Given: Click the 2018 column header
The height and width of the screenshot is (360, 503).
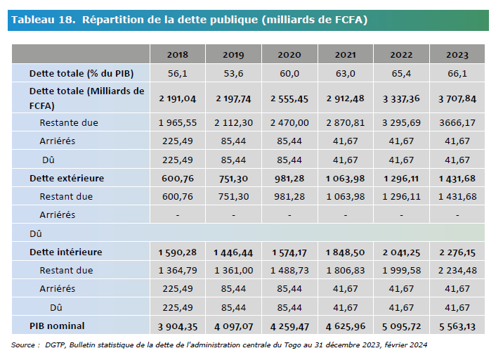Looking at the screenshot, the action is click(178, 55).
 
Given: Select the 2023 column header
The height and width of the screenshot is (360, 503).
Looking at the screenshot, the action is click(457, 55).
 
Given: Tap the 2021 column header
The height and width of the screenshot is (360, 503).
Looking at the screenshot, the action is click(345, 55).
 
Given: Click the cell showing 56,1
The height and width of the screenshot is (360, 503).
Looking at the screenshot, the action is click(178, 74).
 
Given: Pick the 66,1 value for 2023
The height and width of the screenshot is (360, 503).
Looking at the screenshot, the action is click(457, 74).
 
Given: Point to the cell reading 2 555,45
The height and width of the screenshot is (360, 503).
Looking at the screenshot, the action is click(289, 98).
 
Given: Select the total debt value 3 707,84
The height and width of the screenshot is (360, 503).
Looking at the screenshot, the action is click(457, 98).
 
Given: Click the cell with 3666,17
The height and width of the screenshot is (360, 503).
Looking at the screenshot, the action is click(457, 122).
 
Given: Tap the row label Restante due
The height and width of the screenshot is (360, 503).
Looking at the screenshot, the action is click(69, 122).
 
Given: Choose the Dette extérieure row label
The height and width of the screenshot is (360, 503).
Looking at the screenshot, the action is click(67, 178).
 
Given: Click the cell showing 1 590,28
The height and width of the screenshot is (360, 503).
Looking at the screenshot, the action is click(178, 252).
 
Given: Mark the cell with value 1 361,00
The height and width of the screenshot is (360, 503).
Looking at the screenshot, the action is click(233, 271).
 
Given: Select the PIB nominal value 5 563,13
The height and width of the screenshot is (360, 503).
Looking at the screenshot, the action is click(457, 326).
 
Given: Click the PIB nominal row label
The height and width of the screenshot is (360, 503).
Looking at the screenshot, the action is click(57, 326).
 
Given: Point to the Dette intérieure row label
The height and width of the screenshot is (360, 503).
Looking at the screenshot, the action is click(66, 252).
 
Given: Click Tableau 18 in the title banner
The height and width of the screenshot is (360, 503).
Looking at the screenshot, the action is click(44, 20).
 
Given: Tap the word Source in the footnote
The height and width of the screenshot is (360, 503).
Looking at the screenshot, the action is click(23, 345).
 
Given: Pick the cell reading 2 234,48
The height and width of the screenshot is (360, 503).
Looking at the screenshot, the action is click(457, 271).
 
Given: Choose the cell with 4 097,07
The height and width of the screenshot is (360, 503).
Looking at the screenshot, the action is click(233, 326).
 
